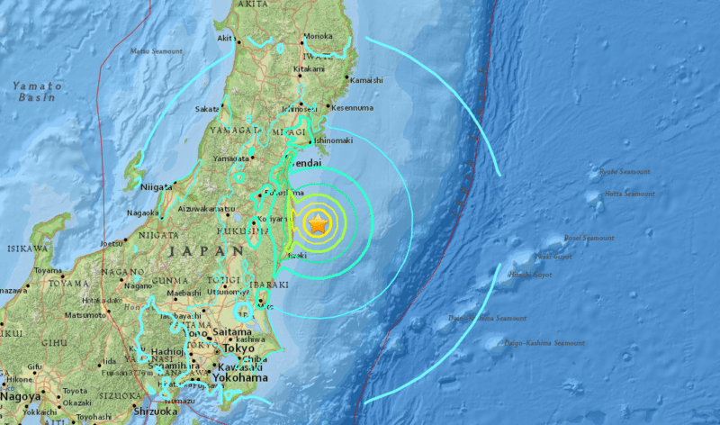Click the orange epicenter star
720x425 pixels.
click(x=318, y=224)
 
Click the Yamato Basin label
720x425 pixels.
click(x=37, y=89)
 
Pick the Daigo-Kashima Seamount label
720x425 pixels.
click(x=544, y=343)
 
